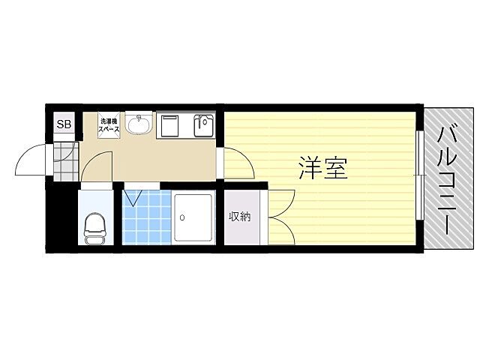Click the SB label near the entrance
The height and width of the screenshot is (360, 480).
pyautogui.click(x=64, y=124)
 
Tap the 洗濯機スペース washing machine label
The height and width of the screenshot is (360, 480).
pyautogui.click(x=109, y=125)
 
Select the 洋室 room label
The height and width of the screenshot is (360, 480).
pyautogui.click(x=323, y=169)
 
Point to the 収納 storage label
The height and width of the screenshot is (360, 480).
pyautogui.click(x=239, y=217)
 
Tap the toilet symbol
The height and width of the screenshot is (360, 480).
pyautogui.click(x=95, y=226)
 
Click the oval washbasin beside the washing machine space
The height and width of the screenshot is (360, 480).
pyautogui.click(x=137, y=125)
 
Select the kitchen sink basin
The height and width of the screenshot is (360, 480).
pyautogui.click(x=203, y=126)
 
